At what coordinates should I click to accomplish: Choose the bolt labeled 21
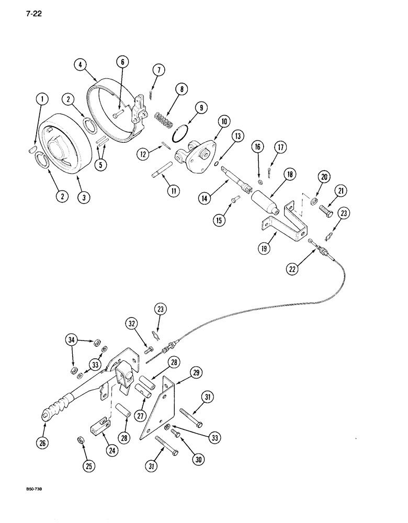327,211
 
